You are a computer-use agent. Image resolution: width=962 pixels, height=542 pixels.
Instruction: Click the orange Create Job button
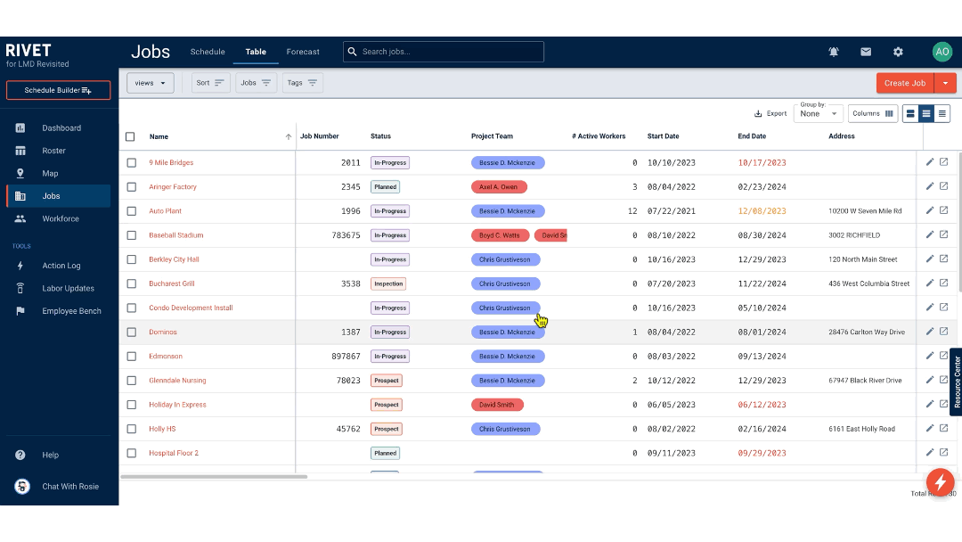coord(905,83)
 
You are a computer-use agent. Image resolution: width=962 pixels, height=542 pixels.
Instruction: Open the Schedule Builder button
coord(58,90)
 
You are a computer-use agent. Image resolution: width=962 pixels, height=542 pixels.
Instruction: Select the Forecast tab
coord(303,52)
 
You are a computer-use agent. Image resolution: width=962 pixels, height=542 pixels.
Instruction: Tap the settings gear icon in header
coord(898,52)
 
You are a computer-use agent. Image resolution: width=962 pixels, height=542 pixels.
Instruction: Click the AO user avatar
coord(942,52)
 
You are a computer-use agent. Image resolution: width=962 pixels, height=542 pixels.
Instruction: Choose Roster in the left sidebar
coord(53,151)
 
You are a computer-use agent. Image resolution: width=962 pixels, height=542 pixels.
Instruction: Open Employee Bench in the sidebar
coord(71,311)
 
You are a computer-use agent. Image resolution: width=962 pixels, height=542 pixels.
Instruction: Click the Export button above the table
coord(770,113)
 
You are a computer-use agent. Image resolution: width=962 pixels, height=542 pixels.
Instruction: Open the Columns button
coord(873,113)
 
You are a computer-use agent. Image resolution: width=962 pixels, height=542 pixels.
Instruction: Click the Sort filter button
coord(211,83)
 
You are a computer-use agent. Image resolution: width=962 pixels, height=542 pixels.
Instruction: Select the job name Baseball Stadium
coord(176,235)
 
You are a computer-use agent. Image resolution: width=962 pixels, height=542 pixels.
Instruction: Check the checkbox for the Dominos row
coord(131,332)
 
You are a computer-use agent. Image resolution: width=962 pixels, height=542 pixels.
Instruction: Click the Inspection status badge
coord(388,283)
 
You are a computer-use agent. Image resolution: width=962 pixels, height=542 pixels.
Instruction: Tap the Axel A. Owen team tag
coord(499,187)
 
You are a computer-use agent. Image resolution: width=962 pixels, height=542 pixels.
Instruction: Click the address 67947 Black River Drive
coord(865,381)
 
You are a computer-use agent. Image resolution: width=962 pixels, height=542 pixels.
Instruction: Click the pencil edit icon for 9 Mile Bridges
coord(930,162)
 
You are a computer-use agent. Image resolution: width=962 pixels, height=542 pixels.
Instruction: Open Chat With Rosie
coord(69,487)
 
